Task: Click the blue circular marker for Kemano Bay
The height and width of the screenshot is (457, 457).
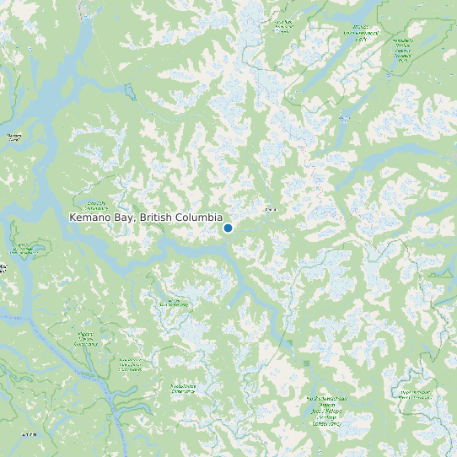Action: (x=228, y=228)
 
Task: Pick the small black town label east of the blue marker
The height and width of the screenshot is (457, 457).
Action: (x=270, y=208)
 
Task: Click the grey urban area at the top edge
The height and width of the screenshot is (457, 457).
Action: (x=85, y=8)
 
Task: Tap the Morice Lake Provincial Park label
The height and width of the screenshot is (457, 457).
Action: (x=362, y=33)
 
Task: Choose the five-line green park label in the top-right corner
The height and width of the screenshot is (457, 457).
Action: (x=402, y=51)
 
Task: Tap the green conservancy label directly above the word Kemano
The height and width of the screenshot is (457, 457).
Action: (x=96, y=205)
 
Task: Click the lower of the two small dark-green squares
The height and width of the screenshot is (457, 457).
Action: (x=306, y=363)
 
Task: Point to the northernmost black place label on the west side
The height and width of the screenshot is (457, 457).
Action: (x=14, y=137)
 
